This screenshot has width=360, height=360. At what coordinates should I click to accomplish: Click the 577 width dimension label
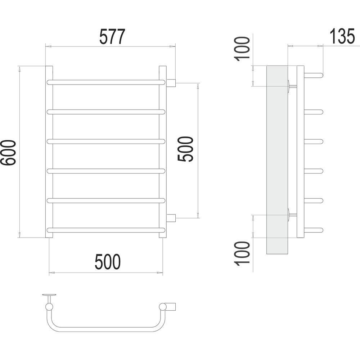coord(112,36)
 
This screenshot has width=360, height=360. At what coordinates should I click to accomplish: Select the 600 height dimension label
coord(8,152)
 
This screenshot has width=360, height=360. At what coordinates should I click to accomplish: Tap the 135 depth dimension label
coord(342,36)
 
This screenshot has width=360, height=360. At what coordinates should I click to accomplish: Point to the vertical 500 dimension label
coord(185,149)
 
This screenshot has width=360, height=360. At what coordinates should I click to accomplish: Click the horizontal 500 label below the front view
coord(108,262)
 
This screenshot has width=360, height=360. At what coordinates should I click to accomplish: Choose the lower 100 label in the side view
coord(242,253)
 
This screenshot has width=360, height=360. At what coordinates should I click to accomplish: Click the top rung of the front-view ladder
coord(106,82)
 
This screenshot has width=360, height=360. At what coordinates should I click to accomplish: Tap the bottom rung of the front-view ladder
coord(106,230)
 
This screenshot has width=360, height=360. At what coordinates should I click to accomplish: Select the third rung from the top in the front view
coord(106,141)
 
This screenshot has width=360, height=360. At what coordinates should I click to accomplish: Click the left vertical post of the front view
coord(49,152)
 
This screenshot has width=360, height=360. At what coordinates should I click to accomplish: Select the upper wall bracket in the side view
coord(292,86)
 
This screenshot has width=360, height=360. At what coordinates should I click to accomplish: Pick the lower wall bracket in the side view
coord(292,215)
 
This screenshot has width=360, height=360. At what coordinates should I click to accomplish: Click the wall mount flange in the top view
coord(49,295)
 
